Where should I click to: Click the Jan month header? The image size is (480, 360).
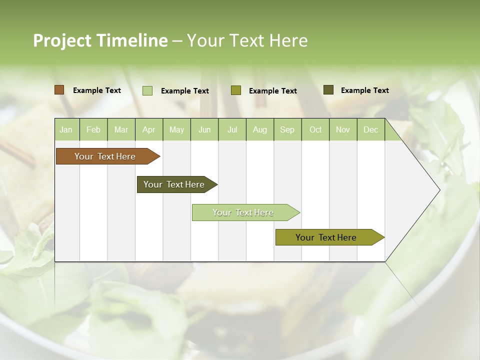click(66, 130)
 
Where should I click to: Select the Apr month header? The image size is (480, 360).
click(148, 130)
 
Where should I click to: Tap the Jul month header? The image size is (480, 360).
click(232, 130)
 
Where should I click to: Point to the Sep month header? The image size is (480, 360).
click(287, 130)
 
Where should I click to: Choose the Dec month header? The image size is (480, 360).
click(370, 130)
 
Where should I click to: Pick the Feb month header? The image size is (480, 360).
click(93, 130)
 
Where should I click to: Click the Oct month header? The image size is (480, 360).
click(315, 130)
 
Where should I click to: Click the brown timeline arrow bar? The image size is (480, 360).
click(105, 156)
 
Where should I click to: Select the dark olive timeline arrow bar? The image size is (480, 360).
click(174, 184)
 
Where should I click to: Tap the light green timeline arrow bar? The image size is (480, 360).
click(243, 212)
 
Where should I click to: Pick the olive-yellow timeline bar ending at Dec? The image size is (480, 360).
click(326, 237)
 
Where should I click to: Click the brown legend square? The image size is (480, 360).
click(59, 90)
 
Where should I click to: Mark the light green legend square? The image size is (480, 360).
click(147, 90)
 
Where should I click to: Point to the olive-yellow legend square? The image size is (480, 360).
click(236, 90)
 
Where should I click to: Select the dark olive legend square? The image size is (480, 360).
click(328, 90)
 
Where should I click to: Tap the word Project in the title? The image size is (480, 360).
click(62, 40)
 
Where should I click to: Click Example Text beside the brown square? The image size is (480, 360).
click(97, 90)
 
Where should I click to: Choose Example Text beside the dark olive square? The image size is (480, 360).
click(365, 90)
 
